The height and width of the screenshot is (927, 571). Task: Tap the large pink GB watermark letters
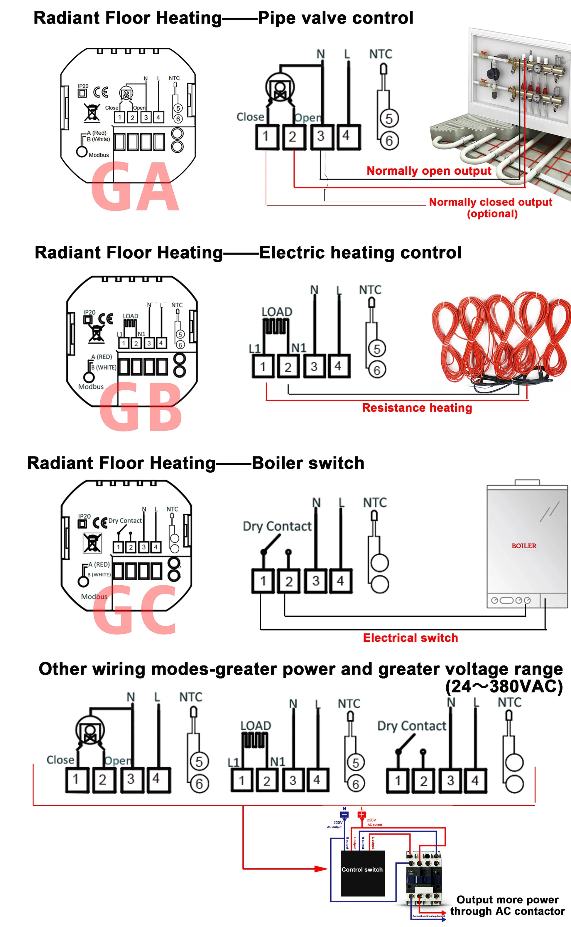pos(141,407)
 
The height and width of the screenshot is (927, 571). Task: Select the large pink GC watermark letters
pos(135,610)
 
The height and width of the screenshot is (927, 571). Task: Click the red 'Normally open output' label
pos(429,171)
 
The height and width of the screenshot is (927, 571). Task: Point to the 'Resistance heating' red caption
pos(417,408)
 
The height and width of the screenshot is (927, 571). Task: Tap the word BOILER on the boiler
pos(524,546)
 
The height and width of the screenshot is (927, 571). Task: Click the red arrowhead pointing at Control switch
pos(321,869)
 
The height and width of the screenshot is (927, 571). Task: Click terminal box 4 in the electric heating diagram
pos(338,366)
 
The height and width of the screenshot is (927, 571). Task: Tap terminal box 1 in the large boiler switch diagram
pos(263,581)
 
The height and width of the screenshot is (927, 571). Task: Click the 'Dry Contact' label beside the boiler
pos(277,526)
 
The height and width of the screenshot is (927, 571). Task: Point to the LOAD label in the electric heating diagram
pos(277,312)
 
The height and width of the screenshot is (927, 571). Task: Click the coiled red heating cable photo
pos(500,340)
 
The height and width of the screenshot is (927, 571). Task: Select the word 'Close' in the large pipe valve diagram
pos(250,117)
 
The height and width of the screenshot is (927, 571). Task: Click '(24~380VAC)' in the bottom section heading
pos(504,686)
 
